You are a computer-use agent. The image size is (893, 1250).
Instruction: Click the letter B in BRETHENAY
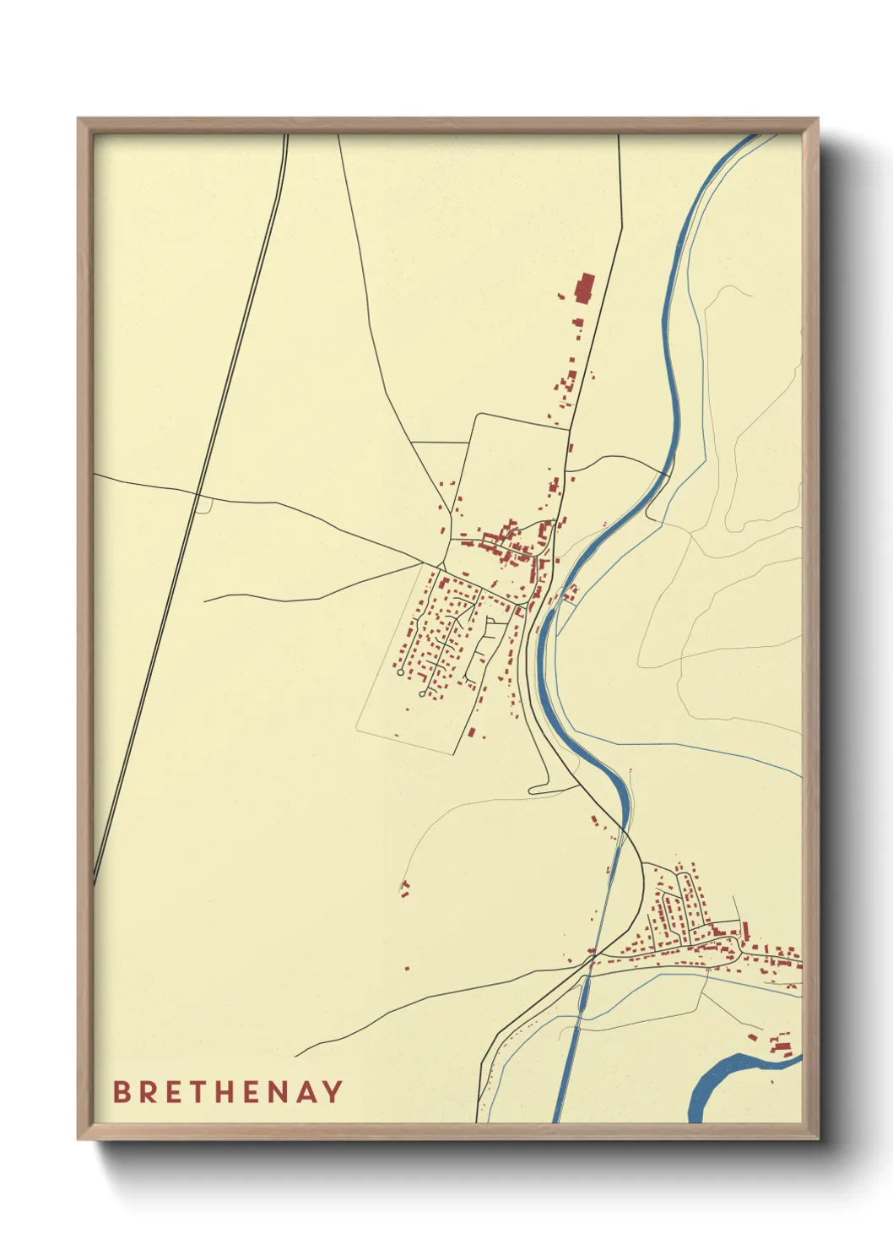coord(122,1092)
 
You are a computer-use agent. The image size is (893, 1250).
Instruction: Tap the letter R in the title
coord(149,1092)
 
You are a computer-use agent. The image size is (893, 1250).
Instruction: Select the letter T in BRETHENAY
coord(202,1092)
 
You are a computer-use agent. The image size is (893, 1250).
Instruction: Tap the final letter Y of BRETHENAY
coord(333,1092)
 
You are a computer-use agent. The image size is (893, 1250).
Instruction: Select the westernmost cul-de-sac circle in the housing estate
coord(400,672)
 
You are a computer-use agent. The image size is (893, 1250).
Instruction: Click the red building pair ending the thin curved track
coord(405,889)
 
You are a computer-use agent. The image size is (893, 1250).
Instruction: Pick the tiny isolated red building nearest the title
coord(407,968)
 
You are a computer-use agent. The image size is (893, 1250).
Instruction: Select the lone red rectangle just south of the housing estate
coord(472,732)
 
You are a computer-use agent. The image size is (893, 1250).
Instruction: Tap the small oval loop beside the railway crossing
coord(203,504)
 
